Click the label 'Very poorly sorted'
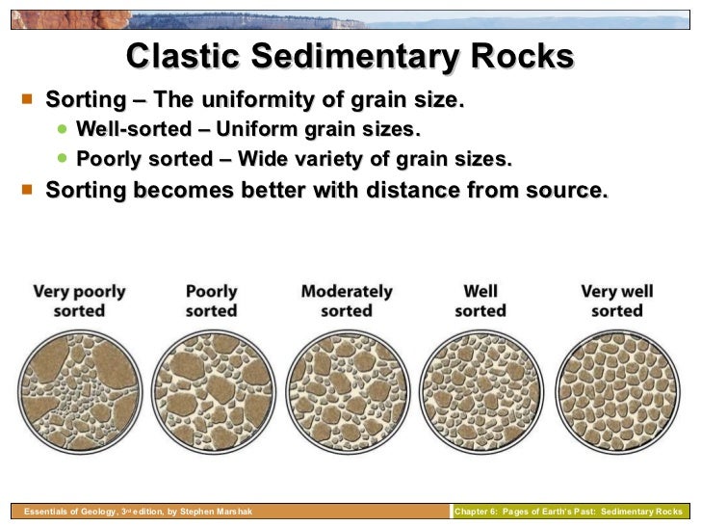click(79, 301)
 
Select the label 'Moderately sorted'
click(347, 301)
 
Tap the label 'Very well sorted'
click(617, 301)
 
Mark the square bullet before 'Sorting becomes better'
click(25, 189)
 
